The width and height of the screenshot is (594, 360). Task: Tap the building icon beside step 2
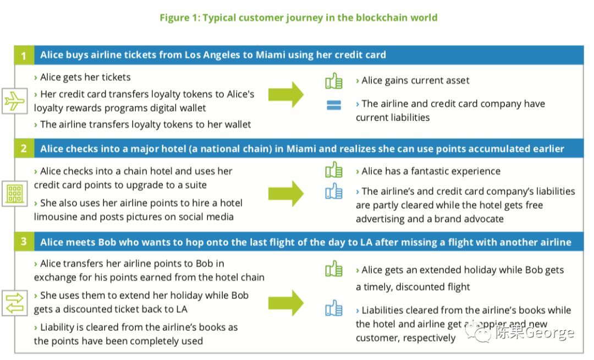tap(13, 193)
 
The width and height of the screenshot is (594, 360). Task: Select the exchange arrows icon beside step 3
tap(13, 303)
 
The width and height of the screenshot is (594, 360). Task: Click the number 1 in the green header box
tap(24, 56)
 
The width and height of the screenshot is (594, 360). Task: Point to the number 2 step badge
tap(24, 149)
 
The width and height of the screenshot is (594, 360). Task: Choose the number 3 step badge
tap(24, 242)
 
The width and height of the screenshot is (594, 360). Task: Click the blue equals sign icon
tap(334, 105)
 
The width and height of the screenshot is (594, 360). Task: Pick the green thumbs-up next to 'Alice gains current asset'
tap(334, 81)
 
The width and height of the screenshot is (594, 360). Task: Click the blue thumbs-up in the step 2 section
tap(334, 192)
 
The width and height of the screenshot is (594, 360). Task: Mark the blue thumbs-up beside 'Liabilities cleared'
tap(334, 308)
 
